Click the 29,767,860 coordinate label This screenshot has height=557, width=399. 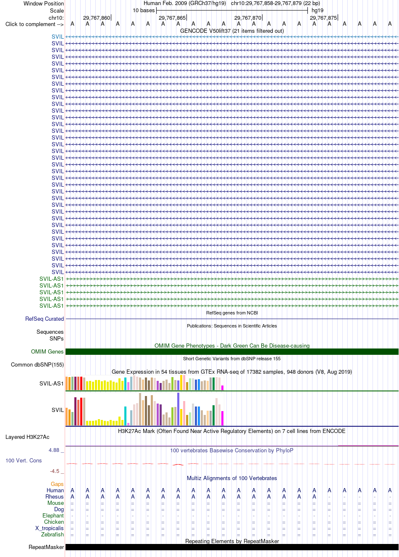pyautogui.click(x=97, y=18)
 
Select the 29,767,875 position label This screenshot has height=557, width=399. pyautogui.click(x=323, y=18)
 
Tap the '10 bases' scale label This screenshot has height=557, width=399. pyautogui.click(x=144, y=11)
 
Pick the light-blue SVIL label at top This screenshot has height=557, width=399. pyautogui.click(x=58, y=37)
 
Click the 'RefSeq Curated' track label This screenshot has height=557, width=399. pyautogui.click(x=45, y=319)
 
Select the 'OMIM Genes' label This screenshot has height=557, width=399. pyautogui.click(x=47, y=351)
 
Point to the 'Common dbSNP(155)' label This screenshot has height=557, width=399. pyautogui.click(x=37, y=365)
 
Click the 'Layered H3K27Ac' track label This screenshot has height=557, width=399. pyautogui.click(x=27, y=437)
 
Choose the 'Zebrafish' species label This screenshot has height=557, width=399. pyautogui.click(x=52, y=534)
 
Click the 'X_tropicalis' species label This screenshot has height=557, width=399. pyautogui.click(x=50, y=528)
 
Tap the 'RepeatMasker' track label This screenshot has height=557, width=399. pyautogui.click(x=46, y=547)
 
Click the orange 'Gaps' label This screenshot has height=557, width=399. pyautogui.click(x=57, y=484)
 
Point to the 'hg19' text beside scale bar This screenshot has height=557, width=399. pyautogui.click(x=318, y=11)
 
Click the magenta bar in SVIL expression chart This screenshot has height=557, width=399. pyautogui.click(x=223, y=418)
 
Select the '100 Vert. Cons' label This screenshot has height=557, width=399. pyautogui.click(x=24, y=460)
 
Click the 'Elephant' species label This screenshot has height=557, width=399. pyautogui.click(x=53, y=515)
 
